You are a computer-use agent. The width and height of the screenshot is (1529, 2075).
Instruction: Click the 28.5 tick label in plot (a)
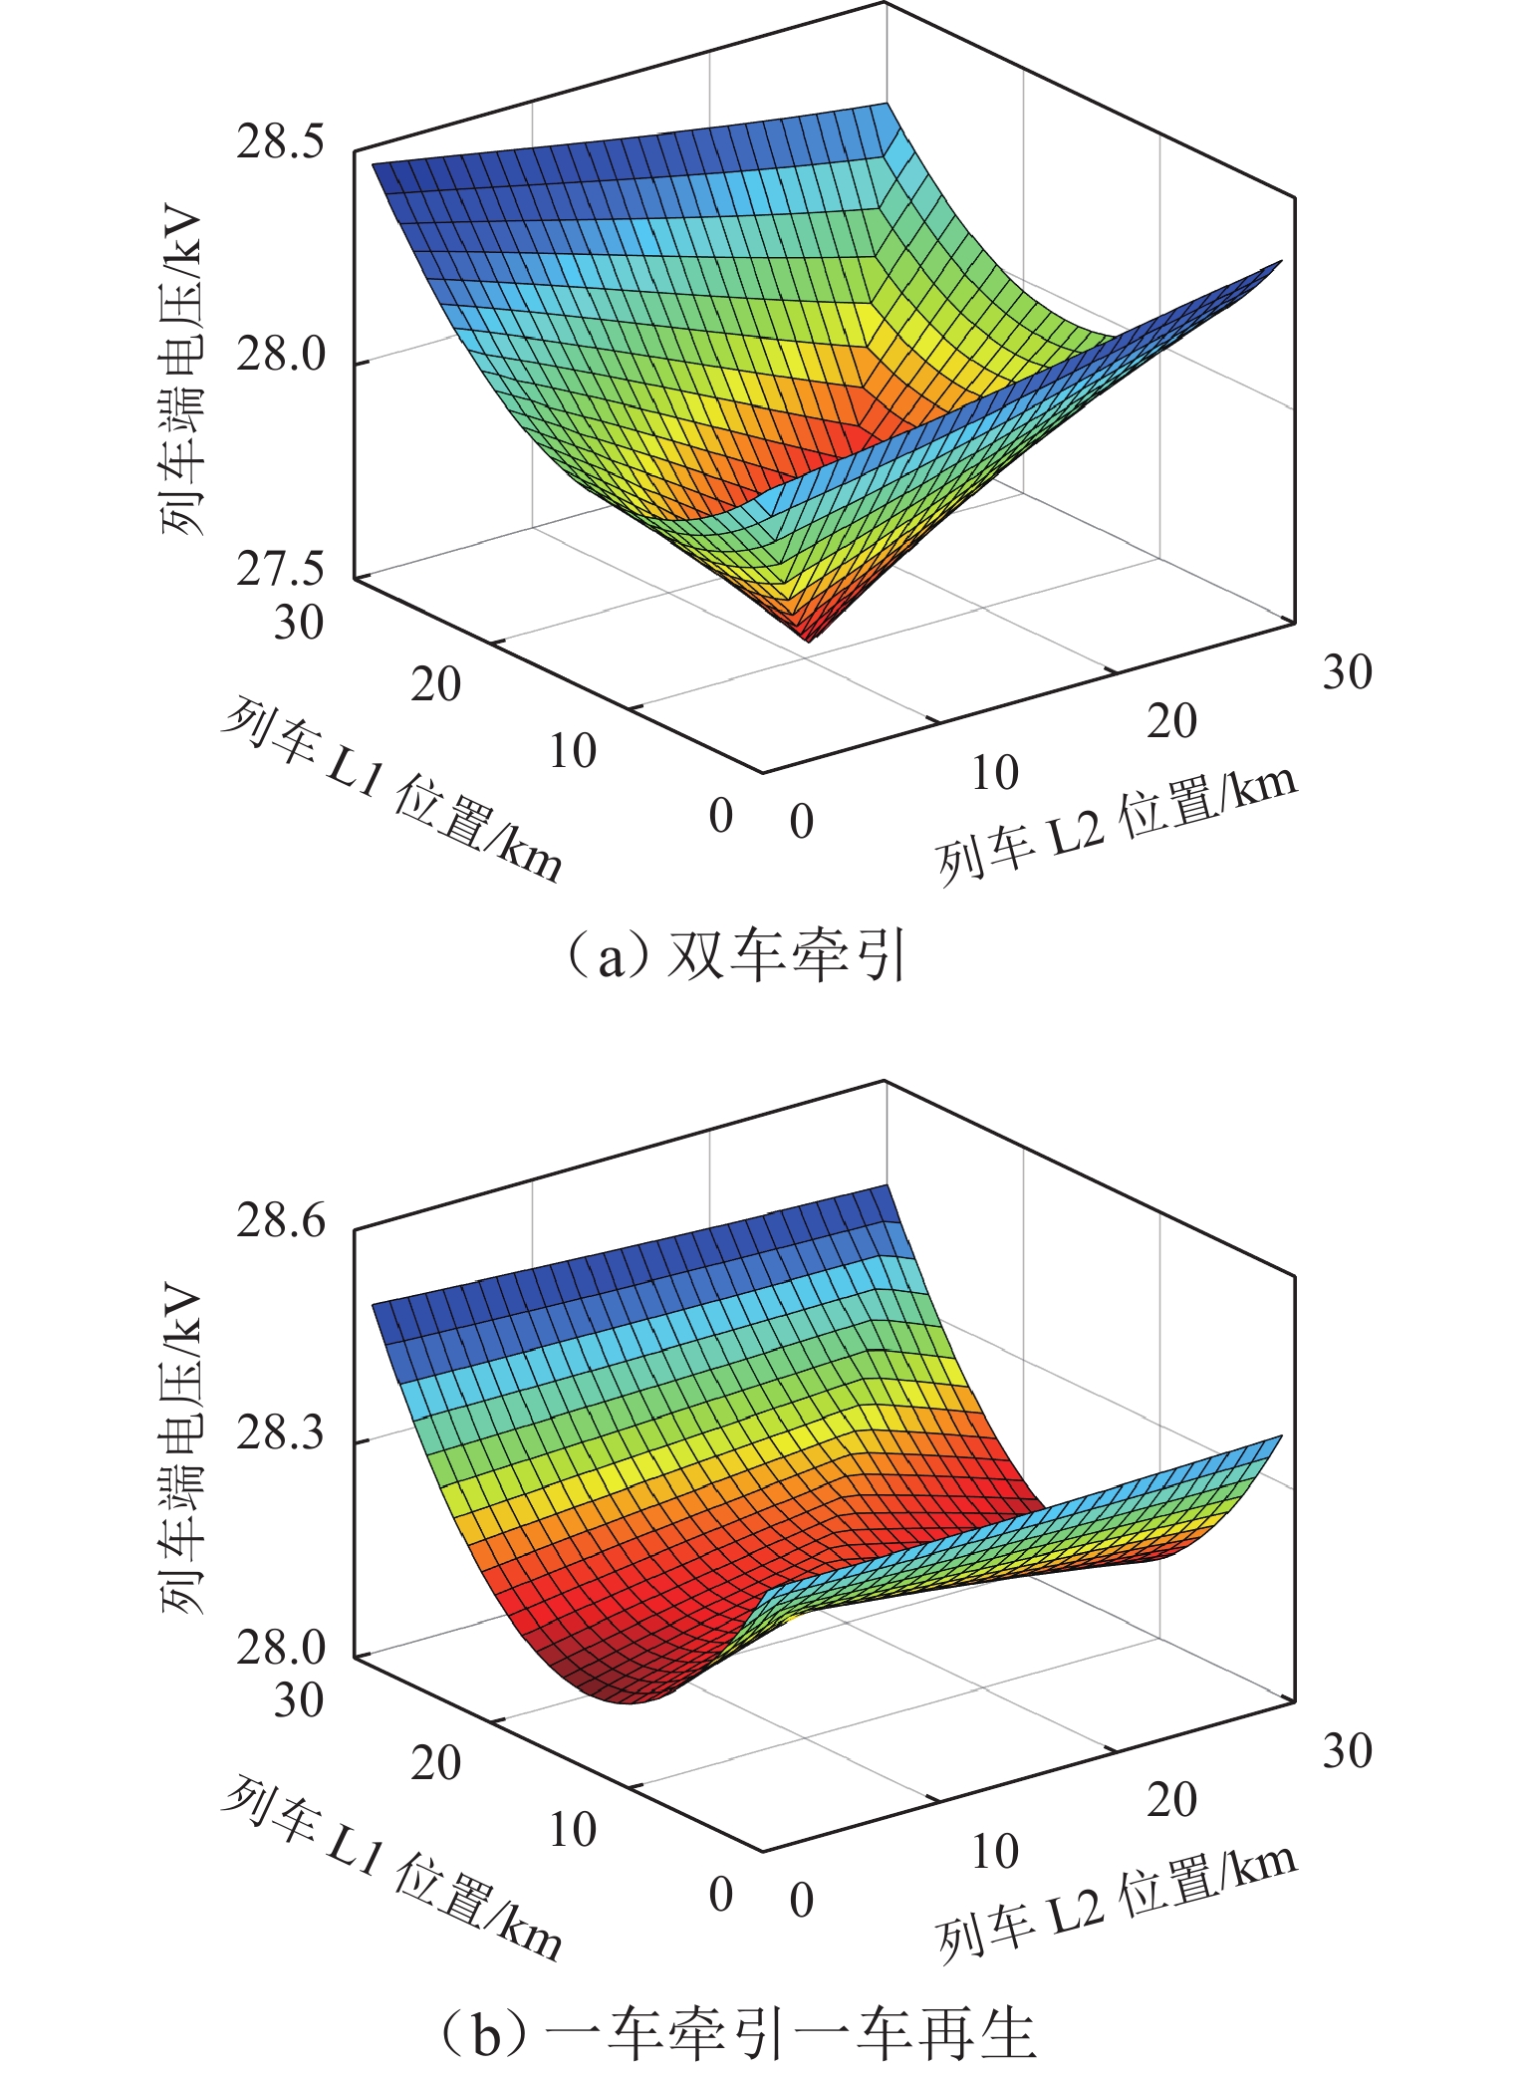point(280,142)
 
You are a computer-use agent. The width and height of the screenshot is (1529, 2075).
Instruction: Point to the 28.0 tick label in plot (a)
point(280,355)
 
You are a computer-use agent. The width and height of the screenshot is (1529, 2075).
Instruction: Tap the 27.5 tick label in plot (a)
point(280,570)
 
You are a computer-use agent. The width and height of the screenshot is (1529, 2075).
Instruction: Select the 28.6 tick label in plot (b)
point(280,1220)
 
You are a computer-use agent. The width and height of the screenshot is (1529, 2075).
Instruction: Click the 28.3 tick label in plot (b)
point(280,1433)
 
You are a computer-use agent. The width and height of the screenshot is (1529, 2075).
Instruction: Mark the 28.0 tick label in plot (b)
point(280,1649)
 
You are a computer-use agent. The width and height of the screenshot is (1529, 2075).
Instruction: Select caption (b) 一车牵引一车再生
point(737,2032)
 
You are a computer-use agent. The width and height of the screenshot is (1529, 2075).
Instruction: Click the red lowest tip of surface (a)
point(807,639)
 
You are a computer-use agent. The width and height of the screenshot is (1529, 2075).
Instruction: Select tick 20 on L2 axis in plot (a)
point(1171,721)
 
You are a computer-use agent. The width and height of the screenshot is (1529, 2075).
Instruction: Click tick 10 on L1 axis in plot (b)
point(573,1830)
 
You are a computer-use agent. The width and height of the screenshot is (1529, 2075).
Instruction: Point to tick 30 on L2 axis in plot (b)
point(1347,1750)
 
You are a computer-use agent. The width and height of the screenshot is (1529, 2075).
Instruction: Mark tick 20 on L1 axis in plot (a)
point(436,685)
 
